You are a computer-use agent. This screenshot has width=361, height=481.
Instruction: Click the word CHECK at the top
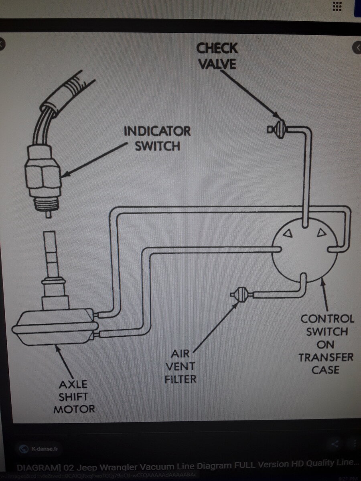pyautogui.click(x=217, y=49)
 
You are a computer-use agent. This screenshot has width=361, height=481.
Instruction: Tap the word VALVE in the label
pyautogui.click(x=217, y=64)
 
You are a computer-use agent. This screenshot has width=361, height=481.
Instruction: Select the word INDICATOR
pyautogui.click(x=157, y=131)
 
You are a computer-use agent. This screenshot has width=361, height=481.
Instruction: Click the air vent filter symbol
pyautogui.click(x=241, y=295)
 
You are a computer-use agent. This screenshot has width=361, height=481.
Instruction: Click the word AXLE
pyautogui.click(x=73, y=385)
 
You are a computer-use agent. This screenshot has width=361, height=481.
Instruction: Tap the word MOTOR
pyautogui.click(x=74, y=409)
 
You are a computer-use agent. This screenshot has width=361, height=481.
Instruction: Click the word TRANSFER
pyautogui.click(x=326, y=357)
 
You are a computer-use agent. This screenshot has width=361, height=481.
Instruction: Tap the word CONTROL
pyautogui.click(x=327, y=319)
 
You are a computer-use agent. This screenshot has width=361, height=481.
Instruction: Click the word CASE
pyautogui.click(x=325, y=370)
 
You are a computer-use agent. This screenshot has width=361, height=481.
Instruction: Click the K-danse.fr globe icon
pyautogui.click(x=24, y=449)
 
